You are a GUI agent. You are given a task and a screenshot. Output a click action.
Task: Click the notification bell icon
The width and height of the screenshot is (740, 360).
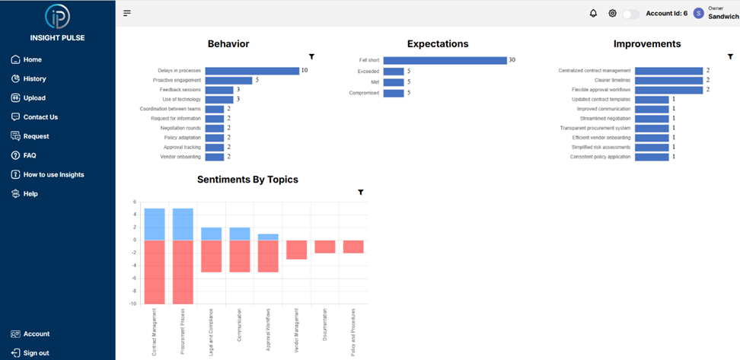(x=593, y=13)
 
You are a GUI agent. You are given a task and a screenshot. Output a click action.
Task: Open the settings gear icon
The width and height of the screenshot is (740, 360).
(x=612, y=13)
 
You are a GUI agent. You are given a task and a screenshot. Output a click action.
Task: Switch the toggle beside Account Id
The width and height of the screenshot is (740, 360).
(x=630, y=14)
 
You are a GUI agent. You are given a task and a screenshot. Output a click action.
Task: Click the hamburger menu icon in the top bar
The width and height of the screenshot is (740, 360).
(x=127, y=13)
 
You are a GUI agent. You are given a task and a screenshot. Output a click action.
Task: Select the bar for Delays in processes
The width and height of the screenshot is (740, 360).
(x=252, y=71)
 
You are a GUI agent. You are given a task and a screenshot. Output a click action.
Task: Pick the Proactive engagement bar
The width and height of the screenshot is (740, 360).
(x=228, y=80)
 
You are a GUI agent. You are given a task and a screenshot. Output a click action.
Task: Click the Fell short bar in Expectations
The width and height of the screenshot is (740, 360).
(x=445, y=60)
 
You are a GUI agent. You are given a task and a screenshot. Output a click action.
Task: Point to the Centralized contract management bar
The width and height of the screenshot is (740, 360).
(x=668, y=71)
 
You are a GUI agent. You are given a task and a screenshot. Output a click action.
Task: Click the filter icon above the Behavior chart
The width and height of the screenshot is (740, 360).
(x=312, y=56)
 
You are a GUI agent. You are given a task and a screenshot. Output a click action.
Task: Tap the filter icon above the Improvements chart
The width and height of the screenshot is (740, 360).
(x=709, y=56)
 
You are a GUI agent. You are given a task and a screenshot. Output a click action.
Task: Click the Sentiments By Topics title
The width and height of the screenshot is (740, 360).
(x=247, y=180)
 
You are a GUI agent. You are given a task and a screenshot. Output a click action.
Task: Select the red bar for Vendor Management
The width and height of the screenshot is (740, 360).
(x=296, y=250)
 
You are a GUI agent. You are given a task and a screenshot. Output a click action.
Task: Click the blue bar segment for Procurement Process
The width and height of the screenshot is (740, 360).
(x=183, y=224)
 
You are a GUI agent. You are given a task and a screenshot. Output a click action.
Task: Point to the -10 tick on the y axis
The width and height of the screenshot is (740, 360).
(x=134, y=304)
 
